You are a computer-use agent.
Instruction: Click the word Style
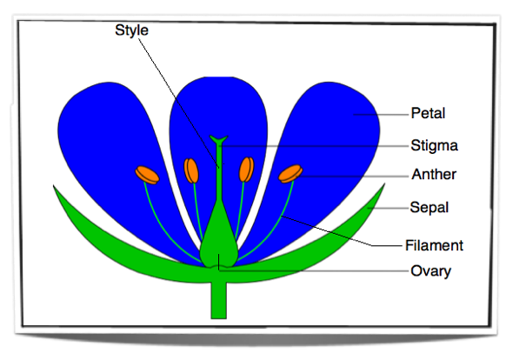click(x=131, y=30)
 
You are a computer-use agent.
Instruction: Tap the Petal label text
click(x=428, y=113)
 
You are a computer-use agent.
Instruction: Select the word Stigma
click(x=435, y=145)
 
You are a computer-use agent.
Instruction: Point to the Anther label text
click(x=434, y=174)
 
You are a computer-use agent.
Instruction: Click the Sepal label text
click(x=429, y=207)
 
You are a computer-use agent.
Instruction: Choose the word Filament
click(x=434, y=245)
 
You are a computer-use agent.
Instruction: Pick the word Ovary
click(x=430, y=271)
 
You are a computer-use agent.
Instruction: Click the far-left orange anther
click(x=147, y=175)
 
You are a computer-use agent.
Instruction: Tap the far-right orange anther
click(x=290, y=174)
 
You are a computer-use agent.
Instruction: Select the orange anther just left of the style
click(x=191, y=170)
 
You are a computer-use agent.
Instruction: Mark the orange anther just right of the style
click(x=247, y=170)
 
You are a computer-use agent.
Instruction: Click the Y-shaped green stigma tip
click(x=218, y=140)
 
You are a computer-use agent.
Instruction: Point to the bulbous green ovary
click(x=219, y=238)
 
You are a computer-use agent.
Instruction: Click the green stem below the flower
click(x=219, y=300)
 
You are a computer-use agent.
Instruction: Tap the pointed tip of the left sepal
click(x=54, y=186)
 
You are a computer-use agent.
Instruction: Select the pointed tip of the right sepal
click(x=384, y=184)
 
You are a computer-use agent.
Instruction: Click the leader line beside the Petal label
click(x=381, y=115)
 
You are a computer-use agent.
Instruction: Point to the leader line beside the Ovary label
click(x=313, y=270)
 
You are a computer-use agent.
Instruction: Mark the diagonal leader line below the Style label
click(x=179, y=103)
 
